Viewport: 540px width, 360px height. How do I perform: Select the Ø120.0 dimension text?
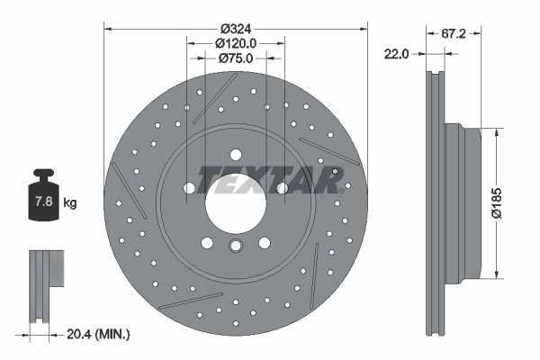point(237,42)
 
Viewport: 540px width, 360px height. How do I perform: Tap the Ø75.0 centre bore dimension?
point(237,58)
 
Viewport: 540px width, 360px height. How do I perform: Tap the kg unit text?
point(69,203)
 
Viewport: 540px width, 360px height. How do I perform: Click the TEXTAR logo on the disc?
point(270,179)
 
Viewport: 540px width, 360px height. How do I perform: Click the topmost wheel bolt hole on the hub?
point(236,151)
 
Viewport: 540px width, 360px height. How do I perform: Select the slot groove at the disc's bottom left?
point(192,300)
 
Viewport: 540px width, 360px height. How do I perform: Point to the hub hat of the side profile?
point(468,202)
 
